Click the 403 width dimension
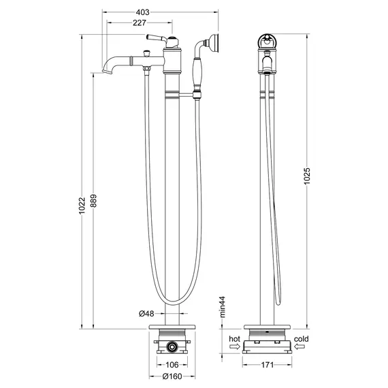[x=161, y=12]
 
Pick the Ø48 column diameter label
[x=148, y=314]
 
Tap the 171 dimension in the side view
[x=267, y=366]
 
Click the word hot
[x=235, y=338]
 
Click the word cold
[x=302, y=338]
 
